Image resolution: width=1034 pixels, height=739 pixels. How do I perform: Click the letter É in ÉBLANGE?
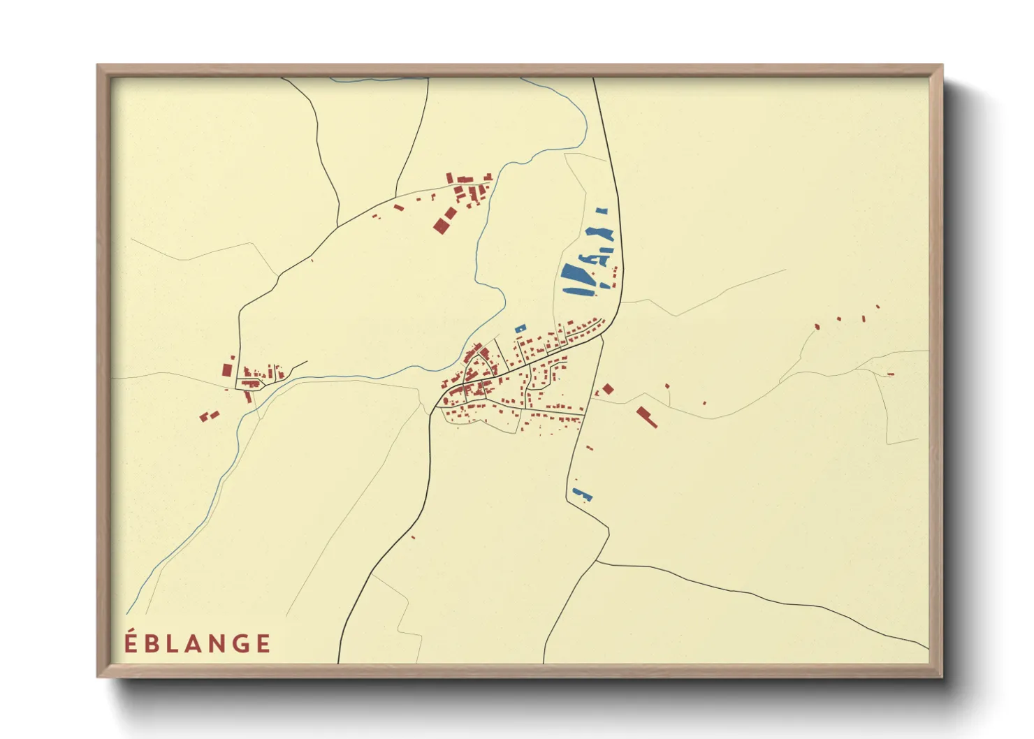(x=130, y=643)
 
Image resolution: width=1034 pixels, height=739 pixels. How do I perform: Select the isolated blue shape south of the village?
(x=582, y=495)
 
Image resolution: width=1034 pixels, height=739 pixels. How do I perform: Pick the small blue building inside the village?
(x=520, y=328)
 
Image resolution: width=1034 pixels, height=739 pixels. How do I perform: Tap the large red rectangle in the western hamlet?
(x=227, y=369)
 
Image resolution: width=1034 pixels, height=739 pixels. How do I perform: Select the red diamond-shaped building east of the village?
(x=608, y=388)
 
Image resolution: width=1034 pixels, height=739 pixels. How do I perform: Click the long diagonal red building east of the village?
(x=647, y=416)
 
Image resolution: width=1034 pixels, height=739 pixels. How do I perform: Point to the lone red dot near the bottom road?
(x=413, y=537)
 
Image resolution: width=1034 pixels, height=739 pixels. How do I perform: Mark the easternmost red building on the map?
(x=891, y=374)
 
